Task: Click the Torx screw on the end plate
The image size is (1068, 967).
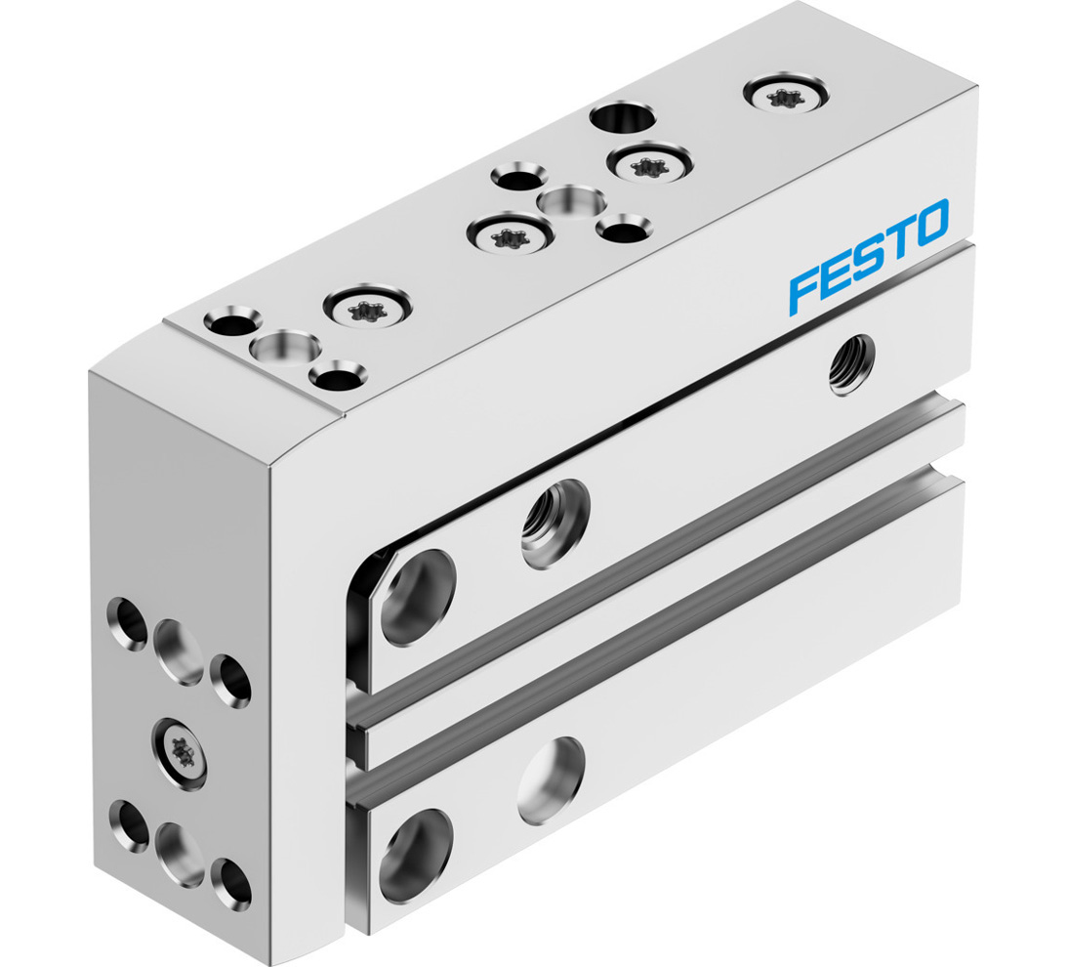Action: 180,752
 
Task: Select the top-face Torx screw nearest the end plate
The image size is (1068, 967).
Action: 367,311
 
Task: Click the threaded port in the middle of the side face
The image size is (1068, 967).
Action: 555,520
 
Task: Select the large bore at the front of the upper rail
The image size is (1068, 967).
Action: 419,597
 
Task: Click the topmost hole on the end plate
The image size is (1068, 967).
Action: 129,617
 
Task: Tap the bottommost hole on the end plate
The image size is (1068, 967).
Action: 229,881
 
